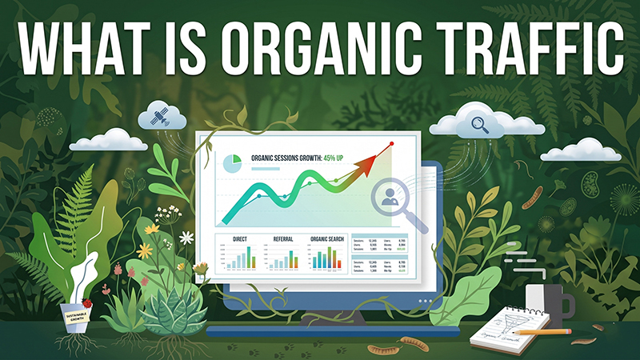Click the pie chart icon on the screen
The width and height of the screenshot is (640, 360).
[x=232, y=162]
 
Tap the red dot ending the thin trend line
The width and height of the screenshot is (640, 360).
[x=391, y=144]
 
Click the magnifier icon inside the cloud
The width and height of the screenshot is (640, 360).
[x=480, y=123]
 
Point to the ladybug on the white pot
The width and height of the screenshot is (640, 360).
[x=86, y=305]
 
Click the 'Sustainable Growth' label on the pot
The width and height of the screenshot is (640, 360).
[x=79, y=318]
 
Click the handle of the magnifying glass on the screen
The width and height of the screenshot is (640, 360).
[x=418, y=225]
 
